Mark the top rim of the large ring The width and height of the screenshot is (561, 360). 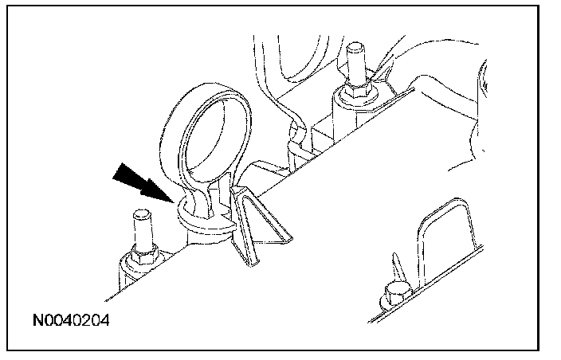pyautogui.click(x=205, y=87)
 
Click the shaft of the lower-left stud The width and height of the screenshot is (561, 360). pyautogui.click(x=142, y=233)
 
